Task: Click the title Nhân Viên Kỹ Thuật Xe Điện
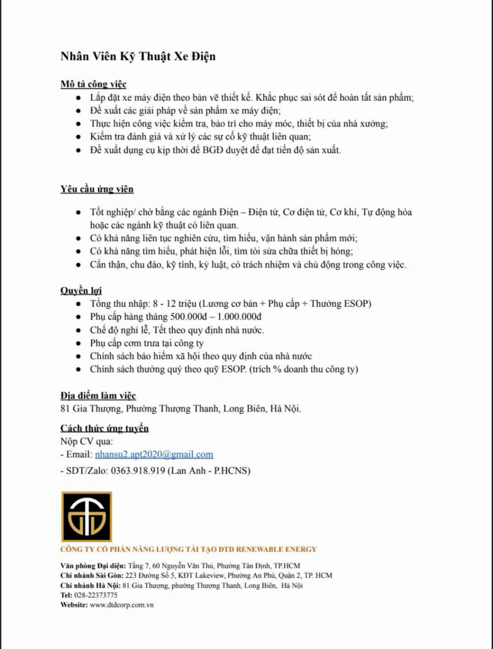[138, 56]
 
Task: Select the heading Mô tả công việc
[93, 84]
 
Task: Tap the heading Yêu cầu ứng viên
[97, 189]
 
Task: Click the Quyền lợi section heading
[81, 291]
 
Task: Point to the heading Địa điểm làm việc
[98, 395]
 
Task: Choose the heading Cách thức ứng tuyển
[104, 428]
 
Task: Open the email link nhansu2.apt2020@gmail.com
[154, 454]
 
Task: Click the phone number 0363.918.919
[138, 471]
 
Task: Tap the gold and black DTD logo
[86, 516]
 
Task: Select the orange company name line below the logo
[188, 549]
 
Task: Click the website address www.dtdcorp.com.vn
[122, 605]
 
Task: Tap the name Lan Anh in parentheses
[188, 471]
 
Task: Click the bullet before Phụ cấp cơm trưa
[79, 344]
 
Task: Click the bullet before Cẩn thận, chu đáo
[79, 265]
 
